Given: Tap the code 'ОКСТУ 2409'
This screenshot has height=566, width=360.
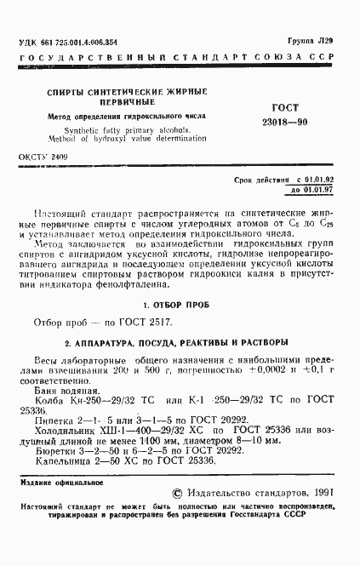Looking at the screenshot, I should pos(44,158).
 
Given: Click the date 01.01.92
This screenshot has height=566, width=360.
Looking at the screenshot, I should pos(321,181).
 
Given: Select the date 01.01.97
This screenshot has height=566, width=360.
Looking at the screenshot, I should pos(321,191).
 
